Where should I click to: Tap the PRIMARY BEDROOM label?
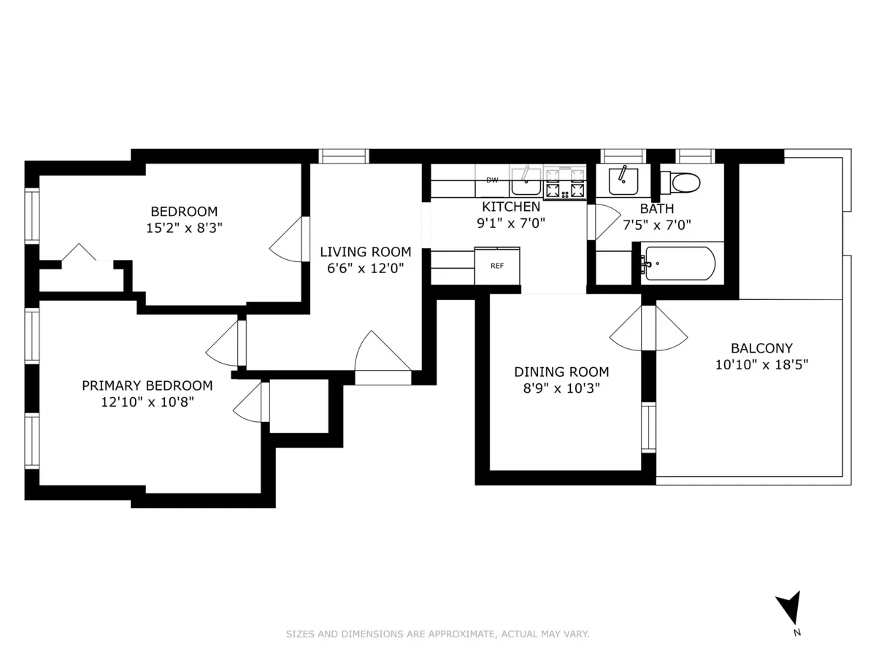pyautogui.click(x=147, y=385)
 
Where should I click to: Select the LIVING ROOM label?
pyautogui.click(x=365, y=252)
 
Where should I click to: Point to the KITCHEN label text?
pyautogui.click(x=511, y=207)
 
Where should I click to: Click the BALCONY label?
pyautogui.click(x=761, y=348)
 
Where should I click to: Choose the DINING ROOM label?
pyautogui.click(x=561, y=372)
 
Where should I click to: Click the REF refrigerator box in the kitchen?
pyautogui.click(x=497, y=266)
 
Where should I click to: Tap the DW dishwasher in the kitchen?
pyautogui.click(x=492, y=180)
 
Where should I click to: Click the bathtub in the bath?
pyautogui.click(x=679, y=264)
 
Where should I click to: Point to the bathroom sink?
pyautogui.click(x=623, y=180)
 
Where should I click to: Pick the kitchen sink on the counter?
pyautogui.click(x=525, y=177)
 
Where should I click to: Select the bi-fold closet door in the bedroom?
pyautogui.click(x=78, y=253)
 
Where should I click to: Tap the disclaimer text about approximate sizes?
pyautogui.click(x=437, y=634)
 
